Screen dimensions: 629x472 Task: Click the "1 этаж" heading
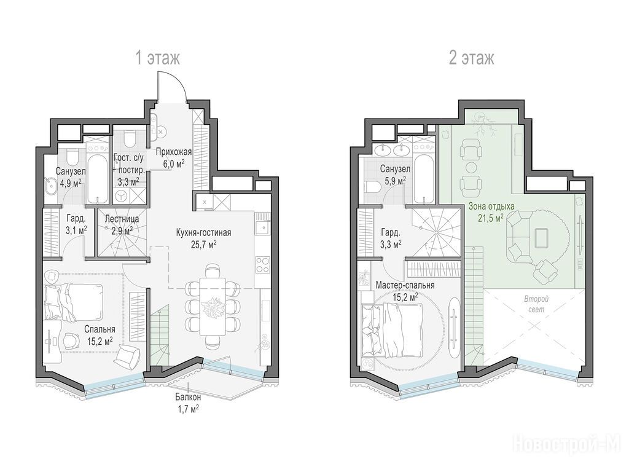pos(158,58)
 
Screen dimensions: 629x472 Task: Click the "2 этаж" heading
pos(471,58)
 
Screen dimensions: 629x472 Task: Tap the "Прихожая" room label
pos(173,152)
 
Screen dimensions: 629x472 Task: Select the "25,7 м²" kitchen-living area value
pos(203,244)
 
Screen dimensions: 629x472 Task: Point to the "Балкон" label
pos(188,398)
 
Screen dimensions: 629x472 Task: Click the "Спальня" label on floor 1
pos(100,329)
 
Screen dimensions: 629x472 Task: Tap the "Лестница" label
pos(122,219)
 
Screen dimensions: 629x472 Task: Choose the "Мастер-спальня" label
pos(405,285)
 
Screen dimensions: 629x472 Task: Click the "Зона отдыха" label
pos(491,206)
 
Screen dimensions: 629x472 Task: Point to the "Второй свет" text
pos(536,304)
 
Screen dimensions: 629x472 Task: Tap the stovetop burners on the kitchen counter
pos(262,264)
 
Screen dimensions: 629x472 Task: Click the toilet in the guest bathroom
pos(129,139)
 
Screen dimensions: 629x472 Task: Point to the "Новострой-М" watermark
pos(570,444)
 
